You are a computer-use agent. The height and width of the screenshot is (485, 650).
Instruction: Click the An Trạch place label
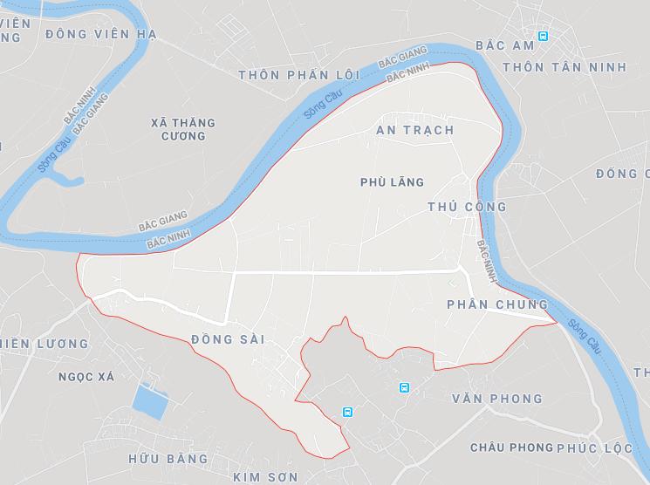[414, 130]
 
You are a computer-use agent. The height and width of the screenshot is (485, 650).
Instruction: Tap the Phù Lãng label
[392, 182]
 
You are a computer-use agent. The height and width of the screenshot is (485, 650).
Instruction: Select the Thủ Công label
[468, 207]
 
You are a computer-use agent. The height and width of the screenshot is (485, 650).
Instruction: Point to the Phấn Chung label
[496, 304]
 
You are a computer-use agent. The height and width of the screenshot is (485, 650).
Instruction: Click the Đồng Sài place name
[227, 339]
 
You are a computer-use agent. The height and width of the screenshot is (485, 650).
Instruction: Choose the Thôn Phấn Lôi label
[299, 75]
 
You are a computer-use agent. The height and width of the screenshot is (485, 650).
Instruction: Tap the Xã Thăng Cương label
[183, 130]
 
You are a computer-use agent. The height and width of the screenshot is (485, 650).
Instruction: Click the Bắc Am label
[504, 44]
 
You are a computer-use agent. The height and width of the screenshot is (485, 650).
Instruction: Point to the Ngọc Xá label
[86, 377]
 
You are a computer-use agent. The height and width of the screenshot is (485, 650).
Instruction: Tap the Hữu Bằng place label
[168, 459]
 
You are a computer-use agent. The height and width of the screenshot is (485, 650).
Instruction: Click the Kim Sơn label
[265, 477]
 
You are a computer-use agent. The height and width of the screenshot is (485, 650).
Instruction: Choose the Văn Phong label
[497, 399]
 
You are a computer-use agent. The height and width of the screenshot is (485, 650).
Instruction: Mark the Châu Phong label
[511, 447]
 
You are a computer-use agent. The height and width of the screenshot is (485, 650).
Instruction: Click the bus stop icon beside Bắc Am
[543, 37]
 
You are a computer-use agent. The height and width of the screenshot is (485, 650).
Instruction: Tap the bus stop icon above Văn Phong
[404, 387]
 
